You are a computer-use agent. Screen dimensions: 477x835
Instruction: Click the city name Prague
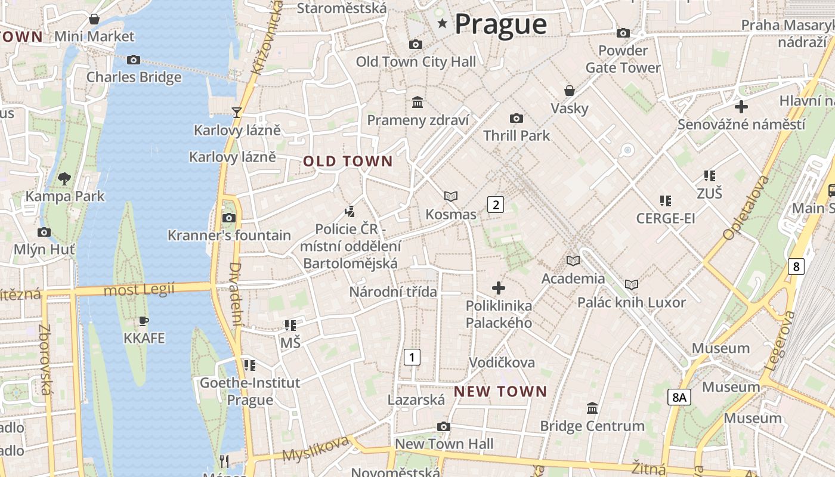(x=500, y=24)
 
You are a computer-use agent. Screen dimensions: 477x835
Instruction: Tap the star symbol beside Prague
(x=443, y=24)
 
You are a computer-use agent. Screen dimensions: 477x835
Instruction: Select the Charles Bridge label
(x=134, y=77)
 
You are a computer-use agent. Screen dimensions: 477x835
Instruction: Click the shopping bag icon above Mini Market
(x=94, y=20)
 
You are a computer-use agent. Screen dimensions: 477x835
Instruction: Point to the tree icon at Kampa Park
(x=64, y=178)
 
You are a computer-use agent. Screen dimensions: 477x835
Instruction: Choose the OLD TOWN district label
(x=348, y=161)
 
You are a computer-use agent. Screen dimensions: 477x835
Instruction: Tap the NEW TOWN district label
(x=500, y=391)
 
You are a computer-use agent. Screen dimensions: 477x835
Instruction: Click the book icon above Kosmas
(x=451, y=196)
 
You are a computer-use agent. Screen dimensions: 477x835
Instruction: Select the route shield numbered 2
(x=496, y=205)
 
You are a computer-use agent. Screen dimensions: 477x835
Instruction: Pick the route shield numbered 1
(x=412, y=357)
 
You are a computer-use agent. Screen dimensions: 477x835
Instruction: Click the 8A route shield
(x=679, y=397)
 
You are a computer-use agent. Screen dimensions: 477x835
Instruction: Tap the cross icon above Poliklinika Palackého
(x=499, y=289)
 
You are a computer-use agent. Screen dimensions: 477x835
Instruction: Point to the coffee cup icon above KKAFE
(x=144, y=321)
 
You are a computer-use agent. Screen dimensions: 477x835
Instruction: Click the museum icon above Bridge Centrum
(x=592, y=408)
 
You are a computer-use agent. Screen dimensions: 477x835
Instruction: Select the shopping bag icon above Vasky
(x=570, y=91)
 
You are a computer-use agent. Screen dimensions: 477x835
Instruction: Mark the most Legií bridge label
(x=139, y=290)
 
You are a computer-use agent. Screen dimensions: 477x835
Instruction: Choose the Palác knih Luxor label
(x=631, y=302)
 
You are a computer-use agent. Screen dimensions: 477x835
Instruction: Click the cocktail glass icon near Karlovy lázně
(x=237, y=112)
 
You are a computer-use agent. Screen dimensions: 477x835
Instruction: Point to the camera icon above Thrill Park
(x=517, y=119)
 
